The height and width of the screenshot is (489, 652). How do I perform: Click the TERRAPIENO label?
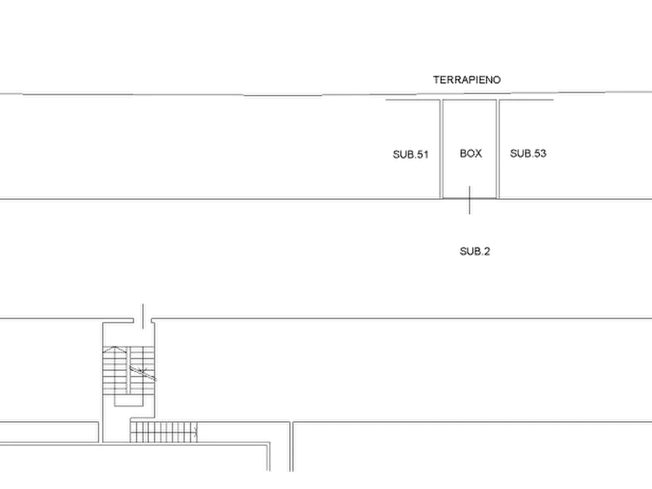pos(467,80)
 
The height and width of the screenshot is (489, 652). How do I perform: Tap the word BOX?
pos(471,153)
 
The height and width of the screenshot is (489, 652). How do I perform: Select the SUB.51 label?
pos(410,155)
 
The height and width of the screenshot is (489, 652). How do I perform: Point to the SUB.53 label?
pos(528,153)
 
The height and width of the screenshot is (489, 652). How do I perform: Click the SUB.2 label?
pos(475,251)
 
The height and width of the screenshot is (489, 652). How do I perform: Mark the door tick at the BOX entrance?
pos(469,200)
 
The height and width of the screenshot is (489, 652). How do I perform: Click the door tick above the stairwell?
pos(143,316)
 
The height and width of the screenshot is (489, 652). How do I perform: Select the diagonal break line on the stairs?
pos(142,372)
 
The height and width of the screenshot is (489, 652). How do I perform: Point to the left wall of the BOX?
pos(441,149)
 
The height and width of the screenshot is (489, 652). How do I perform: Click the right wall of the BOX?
pos(498,149)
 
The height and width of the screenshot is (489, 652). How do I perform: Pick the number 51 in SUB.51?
pos(422,155)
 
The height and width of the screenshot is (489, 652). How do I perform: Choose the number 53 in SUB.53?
pos(540,153)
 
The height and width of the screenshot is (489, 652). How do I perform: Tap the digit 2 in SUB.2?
pos(487,251)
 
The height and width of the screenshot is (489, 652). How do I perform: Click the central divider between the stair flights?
pos(129,370)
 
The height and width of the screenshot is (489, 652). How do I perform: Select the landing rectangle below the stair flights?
pos(129,400)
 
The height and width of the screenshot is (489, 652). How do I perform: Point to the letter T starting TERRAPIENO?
pos(437,80)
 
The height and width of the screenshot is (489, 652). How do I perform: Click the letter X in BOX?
pos(478,153)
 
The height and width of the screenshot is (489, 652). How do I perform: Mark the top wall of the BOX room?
pos(469,100)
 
